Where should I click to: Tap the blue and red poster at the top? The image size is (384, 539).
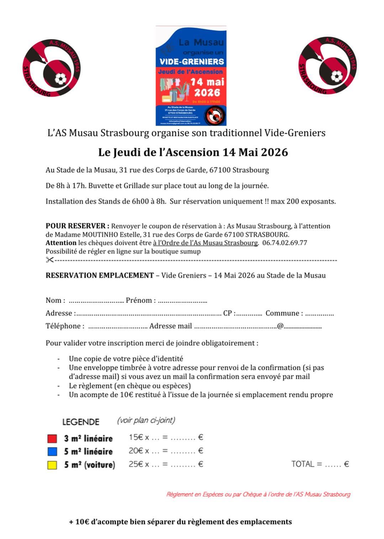pyautogui.click(x=191, y=75)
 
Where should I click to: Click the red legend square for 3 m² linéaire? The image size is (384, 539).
pyautogui.click(x=52, y=438)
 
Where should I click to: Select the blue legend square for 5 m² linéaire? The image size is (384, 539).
pyautogui.click(x=52, y=451)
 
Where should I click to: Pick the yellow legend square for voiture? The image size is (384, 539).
pyautogui.click(x=52, y=464)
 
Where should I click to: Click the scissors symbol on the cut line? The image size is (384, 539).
pyautogui.click(x=50, y=260)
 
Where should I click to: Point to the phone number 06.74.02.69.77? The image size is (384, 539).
pyautogui.click(x=284, y=243)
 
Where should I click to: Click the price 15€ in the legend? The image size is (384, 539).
pyautogui.click(x=135, y=437)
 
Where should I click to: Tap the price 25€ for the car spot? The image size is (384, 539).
pyautogui.click(x=136, y=464)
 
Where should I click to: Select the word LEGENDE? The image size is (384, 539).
pyautogui.click(x=80, y=422)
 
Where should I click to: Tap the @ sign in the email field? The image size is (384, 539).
pyautogui.click(x=280, y=326)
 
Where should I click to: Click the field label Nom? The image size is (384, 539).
pyautogui.click(x=54, y=300)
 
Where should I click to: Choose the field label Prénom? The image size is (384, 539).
pyautogui.click(x=140, y=300)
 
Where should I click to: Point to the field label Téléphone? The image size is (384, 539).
pyautogui.click(x=64, y=326)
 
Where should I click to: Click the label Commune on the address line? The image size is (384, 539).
pyautogui.click(x=283, y=313)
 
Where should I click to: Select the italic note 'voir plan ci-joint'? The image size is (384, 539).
pyautogui.click(x=146, y=420)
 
